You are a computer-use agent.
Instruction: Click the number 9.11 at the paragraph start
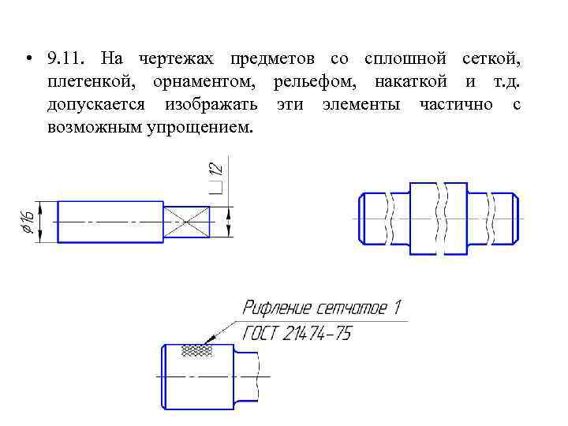(x=64, y=60)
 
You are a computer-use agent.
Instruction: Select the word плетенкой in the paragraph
(x=84, y=83)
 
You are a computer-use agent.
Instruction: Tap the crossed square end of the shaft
(x=187, y=221)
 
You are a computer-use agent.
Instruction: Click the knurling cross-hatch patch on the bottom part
(x=196, y=349)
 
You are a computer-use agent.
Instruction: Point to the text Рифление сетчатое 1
(x=323, y=308)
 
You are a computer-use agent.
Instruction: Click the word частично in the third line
(x=457, y=105)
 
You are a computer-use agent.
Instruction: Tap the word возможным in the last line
(x=92, y=127)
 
